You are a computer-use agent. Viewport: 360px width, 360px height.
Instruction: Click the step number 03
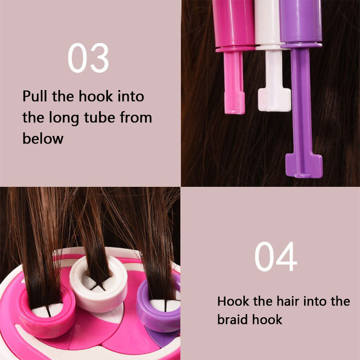pos(88,58)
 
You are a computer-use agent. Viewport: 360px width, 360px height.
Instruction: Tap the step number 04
pos(276,256)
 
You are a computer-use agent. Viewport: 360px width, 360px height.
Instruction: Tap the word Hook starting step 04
pos(233,301)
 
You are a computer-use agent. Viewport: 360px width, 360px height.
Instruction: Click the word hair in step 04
pos(288,301)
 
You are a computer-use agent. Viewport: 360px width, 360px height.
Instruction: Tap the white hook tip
pos(274,100)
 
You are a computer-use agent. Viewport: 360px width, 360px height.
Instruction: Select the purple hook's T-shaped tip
pos(304,165)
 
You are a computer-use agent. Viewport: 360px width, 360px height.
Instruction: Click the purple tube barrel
pos(301,21)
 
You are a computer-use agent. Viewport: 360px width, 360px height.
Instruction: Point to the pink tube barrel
pos(234,23)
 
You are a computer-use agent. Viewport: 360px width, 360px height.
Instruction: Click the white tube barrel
pos(267,22)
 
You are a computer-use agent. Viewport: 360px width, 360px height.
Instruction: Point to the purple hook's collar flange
pos(301,45)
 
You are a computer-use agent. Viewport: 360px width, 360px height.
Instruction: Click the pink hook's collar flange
pos(234,49)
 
